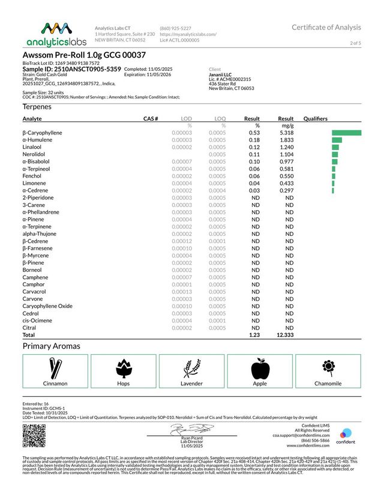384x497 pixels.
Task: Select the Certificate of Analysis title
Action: tap(326, 28)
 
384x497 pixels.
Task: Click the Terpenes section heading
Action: tap(37, 106)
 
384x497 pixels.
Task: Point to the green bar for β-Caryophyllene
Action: tap(346, 133)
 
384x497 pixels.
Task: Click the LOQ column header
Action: tap(220, 119)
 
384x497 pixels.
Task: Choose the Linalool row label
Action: tap(33, 147)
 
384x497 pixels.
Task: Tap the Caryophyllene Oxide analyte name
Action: tap(47, 306)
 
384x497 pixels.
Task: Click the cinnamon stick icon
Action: tap(55, 368)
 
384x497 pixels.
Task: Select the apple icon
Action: tap(260, 368)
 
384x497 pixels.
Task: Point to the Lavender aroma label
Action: tap(191, 383)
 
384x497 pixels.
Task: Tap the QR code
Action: tap(34, 436)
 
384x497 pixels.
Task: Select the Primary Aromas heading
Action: tap(51, 346)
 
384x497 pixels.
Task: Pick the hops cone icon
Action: tap(123, 368)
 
